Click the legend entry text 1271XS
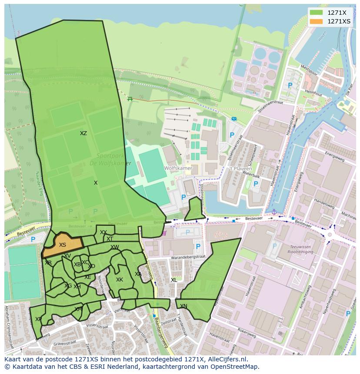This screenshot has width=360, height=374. coord(339,21)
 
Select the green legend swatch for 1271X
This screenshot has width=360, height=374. coord(317,13)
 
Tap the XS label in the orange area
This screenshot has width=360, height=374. coord(63,245)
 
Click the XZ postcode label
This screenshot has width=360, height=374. coord(83,133)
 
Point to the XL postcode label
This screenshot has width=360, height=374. coord(174,280)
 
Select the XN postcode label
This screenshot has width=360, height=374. coord(183,306)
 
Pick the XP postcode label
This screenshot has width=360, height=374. coord(38,319)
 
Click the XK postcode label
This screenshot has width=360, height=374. coord(120,280)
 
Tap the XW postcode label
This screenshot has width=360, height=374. coord(114,247)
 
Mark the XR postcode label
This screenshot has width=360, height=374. coord(48,263)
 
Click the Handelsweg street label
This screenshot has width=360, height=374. coord(324,202)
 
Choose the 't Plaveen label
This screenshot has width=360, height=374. coord(238,169)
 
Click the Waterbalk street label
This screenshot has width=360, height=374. coord(251,176)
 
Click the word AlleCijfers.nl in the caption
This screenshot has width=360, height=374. coord(226,359)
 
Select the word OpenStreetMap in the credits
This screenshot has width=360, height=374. coord(234,367)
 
